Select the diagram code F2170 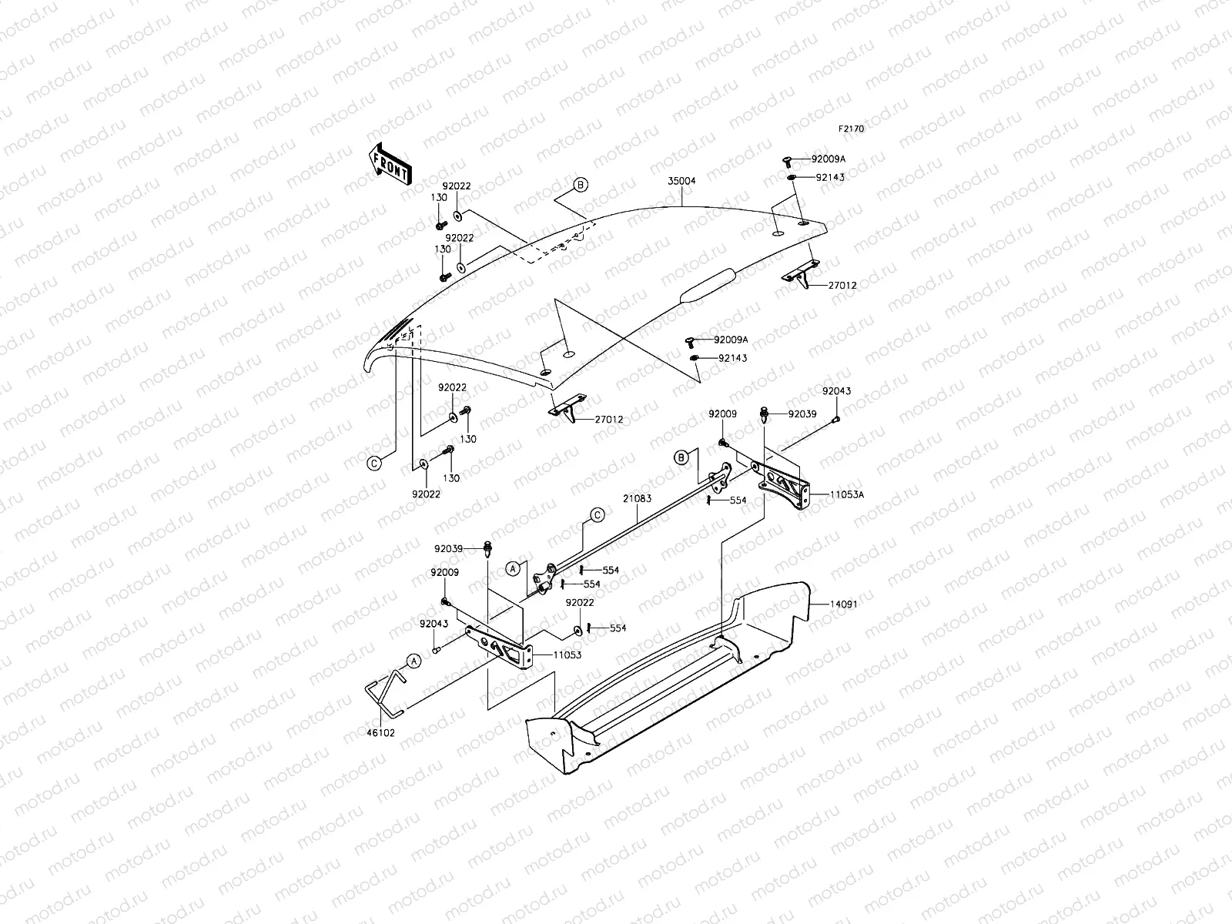tap(852, 129)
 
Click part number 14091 tap(843, 604)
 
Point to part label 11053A tap(847, 494)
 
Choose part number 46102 tap(381, 733)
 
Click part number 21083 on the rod tap(638, 498)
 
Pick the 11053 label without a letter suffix tap(566, 655)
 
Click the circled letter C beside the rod tap(597, 515)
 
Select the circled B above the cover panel tap(581, 184)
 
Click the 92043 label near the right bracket tap(836, 391)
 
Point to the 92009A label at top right tap(828, 159)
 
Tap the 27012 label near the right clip tap(842, 286)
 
